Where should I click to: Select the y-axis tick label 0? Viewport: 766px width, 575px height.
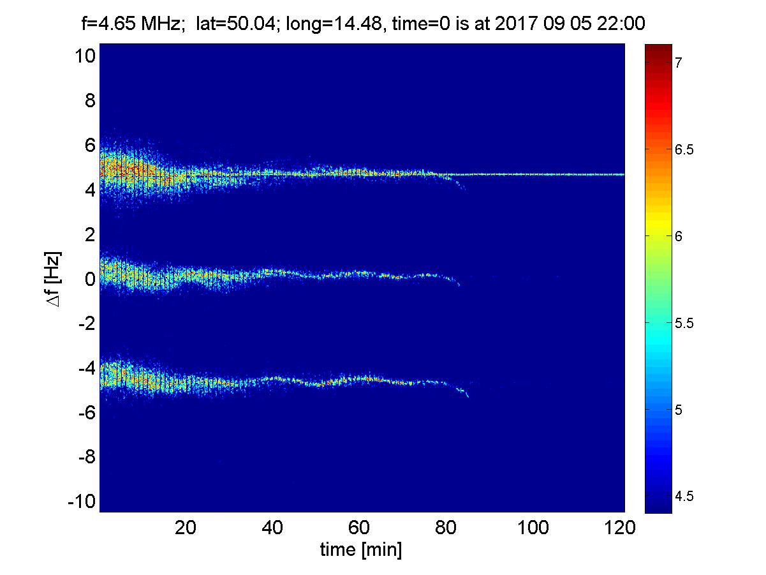click(89, 280)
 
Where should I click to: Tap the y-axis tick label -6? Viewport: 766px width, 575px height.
click(86, 413)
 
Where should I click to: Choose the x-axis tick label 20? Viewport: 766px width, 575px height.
click(186, 528)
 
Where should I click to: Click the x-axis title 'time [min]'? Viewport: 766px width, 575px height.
click(360, 549)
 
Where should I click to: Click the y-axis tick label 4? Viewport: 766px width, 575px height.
click(89, 190)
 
